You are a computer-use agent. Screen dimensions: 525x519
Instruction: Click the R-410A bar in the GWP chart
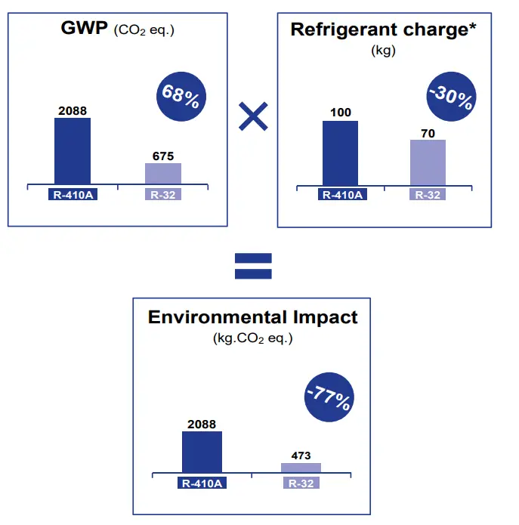[73, 150]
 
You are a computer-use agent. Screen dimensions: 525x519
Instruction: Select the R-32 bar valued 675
[162, 173]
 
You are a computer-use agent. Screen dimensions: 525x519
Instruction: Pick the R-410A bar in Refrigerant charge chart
[340, 152]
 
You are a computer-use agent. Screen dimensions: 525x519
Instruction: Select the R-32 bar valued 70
[428, 162]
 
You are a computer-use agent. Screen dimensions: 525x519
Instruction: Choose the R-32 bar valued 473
[301, 468]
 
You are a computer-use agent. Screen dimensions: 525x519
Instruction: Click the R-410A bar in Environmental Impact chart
[202, 452]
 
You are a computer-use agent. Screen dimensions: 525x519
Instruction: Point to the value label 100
[341, 113]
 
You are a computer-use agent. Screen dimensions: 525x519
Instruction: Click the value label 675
[163, 156]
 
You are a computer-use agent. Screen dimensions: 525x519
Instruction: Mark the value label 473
[301, 456]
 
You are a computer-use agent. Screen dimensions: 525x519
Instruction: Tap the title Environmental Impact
[252, 317]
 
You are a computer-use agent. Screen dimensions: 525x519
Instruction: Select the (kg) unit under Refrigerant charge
[384, 51]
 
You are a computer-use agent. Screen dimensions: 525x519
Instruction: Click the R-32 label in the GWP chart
[163, 194]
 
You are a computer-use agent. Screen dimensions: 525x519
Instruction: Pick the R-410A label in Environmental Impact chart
[202, 483]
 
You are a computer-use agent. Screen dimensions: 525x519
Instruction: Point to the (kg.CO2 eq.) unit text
[253, 338]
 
